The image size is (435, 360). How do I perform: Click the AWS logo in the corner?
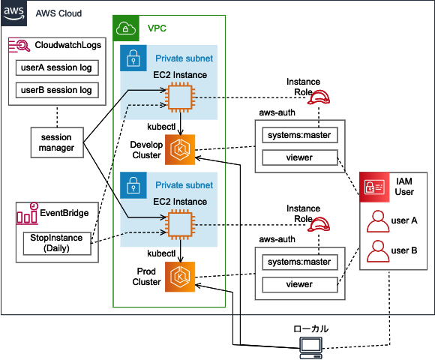13,13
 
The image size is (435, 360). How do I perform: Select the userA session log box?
57,67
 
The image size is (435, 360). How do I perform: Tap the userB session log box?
57,90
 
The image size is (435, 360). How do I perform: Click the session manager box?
57,142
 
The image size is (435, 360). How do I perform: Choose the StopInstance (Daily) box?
57,243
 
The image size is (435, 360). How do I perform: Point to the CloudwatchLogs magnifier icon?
19,45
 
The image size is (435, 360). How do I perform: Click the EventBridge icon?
27,213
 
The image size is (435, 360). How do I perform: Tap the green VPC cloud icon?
126,28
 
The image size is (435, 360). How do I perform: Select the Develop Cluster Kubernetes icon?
180,150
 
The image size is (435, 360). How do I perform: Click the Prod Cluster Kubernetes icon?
180,277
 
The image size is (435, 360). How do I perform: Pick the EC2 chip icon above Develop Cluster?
180,97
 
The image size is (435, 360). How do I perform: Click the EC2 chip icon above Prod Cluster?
180,225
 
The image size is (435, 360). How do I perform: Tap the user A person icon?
378,221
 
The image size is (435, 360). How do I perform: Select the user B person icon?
378,251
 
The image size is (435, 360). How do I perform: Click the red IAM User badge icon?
374,187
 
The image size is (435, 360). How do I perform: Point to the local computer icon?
311,348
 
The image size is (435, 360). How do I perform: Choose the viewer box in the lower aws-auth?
300,284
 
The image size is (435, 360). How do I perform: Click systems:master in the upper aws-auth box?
300,135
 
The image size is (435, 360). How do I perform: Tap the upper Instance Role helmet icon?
319,97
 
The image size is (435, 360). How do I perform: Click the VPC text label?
157,28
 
